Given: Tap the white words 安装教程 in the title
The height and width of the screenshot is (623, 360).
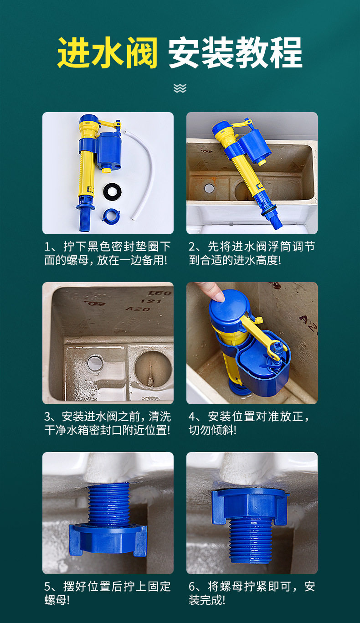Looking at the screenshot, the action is point(235,52).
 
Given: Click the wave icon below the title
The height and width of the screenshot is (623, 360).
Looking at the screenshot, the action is point(180,88).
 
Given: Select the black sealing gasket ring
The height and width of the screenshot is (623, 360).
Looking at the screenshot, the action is point(112,191).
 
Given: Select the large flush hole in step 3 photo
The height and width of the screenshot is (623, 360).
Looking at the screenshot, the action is point(153,369).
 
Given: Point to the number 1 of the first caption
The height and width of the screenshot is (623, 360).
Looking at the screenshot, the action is point(47,247).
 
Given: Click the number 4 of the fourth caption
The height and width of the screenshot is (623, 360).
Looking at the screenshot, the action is point(192,417).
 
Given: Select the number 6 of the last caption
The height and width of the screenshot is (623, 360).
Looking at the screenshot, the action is point(192,587).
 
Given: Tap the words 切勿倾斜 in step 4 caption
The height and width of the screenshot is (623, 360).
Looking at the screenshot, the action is point(211,430).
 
